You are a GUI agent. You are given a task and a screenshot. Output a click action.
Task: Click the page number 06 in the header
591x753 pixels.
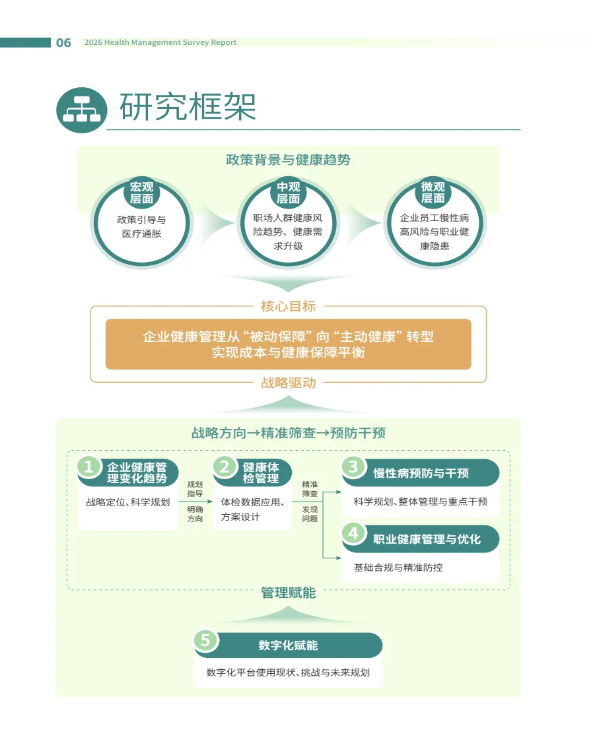(63, 43)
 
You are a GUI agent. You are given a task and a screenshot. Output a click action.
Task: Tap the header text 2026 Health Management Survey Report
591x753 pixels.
(160, 43)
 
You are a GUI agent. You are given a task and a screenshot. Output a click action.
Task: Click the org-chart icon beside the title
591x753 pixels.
(82, 110)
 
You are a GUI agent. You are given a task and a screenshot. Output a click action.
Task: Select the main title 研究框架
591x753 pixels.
(188, 107)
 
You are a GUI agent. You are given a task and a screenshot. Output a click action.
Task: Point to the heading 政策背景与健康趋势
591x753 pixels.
(288, 160)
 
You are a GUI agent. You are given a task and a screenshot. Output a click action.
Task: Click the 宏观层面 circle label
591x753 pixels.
(142, 192)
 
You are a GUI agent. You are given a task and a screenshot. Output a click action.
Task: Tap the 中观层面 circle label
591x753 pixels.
(288, 192)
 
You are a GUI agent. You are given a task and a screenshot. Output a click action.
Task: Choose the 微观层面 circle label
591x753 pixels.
(433, 192)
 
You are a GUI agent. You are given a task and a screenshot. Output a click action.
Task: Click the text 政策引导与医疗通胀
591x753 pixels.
(142, 226)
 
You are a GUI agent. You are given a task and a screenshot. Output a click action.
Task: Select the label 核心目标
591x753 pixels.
(288, 306)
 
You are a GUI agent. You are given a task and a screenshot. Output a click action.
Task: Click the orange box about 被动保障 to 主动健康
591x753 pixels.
(288, 344)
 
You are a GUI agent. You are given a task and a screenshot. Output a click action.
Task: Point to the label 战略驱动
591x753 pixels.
(288, 383)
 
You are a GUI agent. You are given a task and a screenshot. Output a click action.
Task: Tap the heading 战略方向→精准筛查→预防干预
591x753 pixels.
(288, 434)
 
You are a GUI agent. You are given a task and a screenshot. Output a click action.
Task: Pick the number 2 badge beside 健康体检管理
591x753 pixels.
(225, 467)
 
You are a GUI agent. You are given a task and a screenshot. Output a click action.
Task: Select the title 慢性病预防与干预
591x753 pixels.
(421, 473)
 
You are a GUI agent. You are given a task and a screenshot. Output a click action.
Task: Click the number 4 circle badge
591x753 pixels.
(353, 533)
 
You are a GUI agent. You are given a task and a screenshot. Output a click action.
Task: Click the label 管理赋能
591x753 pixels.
(288, 593)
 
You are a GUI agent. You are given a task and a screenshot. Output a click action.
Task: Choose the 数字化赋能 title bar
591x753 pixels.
(288, 645)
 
